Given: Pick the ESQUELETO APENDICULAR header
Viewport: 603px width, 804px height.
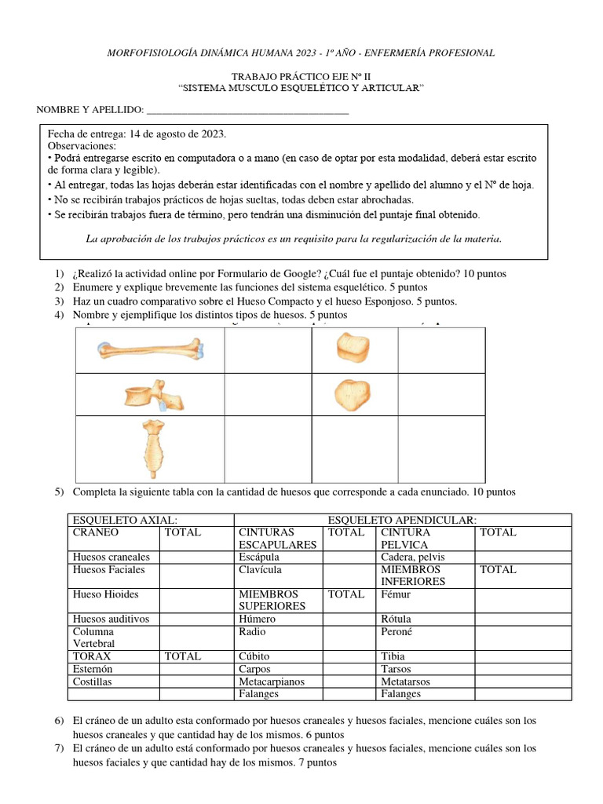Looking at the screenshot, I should [402, 520].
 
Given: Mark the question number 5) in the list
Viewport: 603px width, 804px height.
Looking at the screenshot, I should [59, 492].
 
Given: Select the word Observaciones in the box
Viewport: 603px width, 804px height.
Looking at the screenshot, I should [82, 146].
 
